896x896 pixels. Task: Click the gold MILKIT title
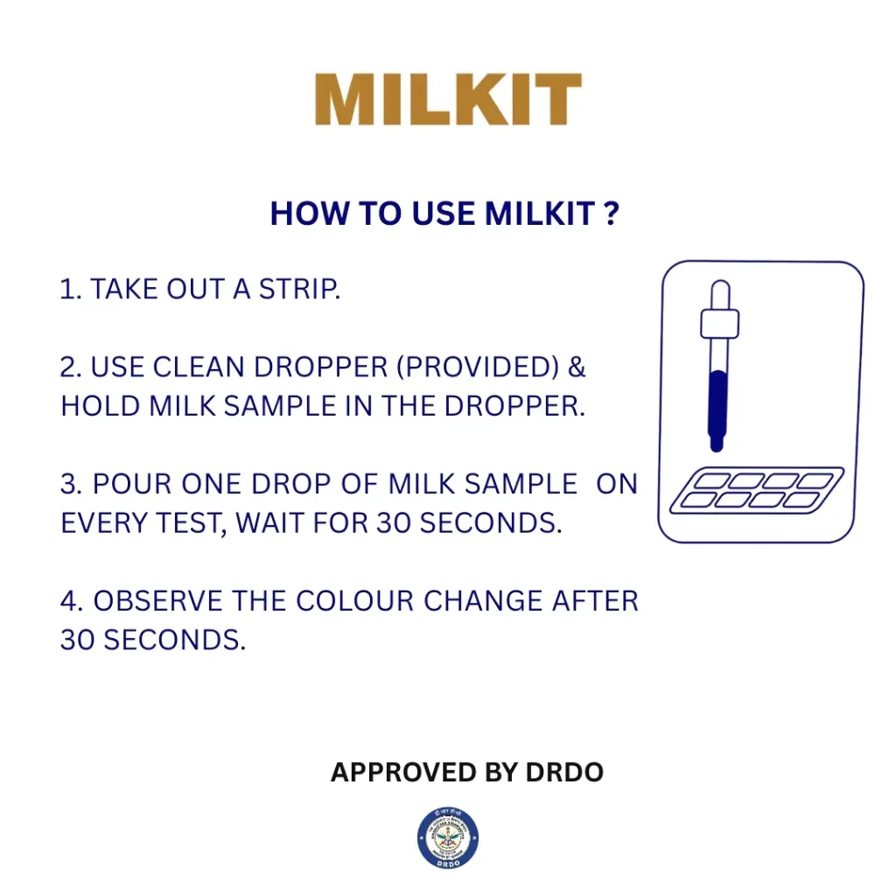coord(448,100)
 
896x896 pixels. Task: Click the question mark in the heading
coord(612,214)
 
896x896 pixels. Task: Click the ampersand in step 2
coord(577,367)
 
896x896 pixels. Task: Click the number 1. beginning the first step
coord(70,290)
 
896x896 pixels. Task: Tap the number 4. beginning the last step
coord(72,601)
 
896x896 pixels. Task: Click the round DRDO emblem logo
coord(448,837)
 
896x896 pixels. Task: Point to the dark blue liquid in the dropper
coord(717,402)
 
